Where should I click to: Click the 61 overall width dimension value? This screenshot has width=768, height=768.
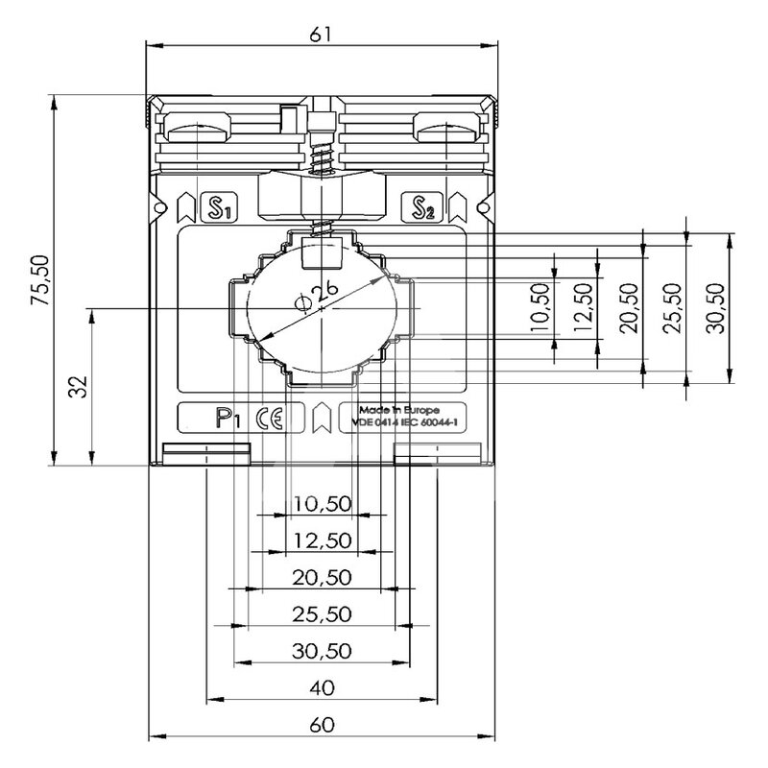pyautogui.click(x=321, y=33)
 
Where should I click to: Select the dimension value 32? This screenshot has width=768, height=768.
pyautogui.click(x=80, y=386)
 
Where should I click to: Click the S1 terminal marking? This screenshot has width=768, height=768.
pyautogui.click(x=219, y=206)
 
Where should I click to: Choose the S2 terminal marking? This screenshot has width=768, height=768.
pyautogui.click(x=422, y=206)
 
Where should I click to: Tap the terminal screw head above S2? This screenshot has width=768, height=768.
pyautogui.click(x=444, y=125)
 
